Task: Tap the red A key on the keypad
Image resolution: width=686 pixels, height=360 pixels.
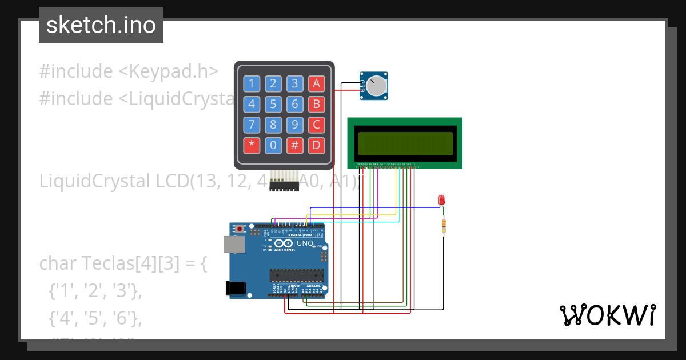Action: pyautogui.click(x=316, y=84)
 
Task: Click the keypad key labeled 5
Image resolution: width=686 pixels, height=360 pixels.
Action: pyautogui.click(x=273, y=105)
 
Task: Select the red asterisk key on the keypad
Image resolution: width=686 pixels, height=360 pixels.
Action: pyautogui.click(x=252, y=145)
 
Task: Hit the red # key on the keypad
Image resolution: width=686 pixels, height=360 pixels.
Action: pyautogui.click(x=295, y=145)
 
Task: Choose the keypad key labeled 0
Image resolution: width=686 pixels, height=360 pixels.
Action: pyautogui.click(x=273, y=145)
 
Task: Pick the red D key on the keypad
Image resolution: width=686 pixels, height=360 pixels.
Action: pyautogui.click(x=316, y=145)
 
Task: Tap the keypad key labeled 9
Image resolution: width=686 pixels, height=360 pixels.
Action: pyautogui.click(x=295, y=125)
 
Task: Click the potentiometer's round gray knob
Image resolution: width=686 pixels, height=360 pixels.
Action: pyautogui.click(x=376, y=86)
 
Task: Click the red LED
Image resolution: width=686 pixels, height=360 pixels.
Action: pyautogui.click(x=441, y=199)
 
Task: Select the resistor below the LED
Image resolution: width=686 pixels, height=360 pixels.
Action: pyautogui.click(x=444, y=226)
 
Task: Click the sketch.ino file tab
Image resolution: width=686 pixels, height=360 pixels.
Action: pyautogui.click(x=101, y=25)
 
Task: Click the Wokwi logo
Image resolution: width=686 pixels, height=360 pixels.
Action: pyautogui.click(x=607, y=315)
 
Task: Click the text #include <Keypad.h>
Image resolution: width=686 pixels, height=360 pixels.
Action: pyautogui.click(x=129, y=71)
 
